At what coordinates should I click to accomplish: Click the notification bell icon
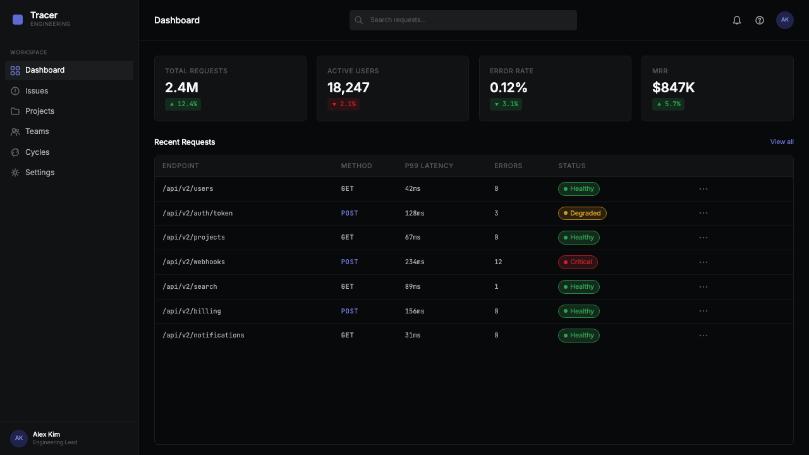coord(737,20)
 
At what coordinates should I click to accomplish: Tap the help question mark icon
coord(760,20)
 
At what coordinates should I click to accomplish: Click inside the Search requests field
coord(463,20)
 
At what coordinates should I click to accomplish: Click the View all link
coord(782,142)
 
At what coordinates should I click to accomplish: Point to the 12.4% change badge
coord(183,104)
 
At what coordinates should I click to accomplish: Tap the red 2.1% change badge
coord(343,104)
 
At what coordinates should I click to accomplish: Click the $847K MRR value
coord(673,87)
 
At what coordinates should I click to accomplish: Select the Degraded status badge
coord(582,213)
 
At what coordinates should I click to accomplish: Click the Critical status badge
coord(578,262)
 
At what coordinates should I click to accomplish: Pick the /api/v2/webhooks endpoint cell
coord(193,262)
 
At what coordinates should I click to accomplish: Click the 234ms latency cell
coord(415,262)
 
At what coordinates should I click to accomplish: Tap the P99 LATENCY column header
coord(429,166)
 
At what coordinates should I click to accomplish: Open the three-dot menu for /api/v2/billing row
coord(703,311)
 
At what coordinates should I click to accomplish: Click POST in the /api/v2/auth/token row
coord(350,213)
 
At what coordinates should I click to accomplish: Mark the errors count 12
coord(498,262)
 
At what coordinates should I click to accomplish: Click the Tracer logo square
coord(17,20)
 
